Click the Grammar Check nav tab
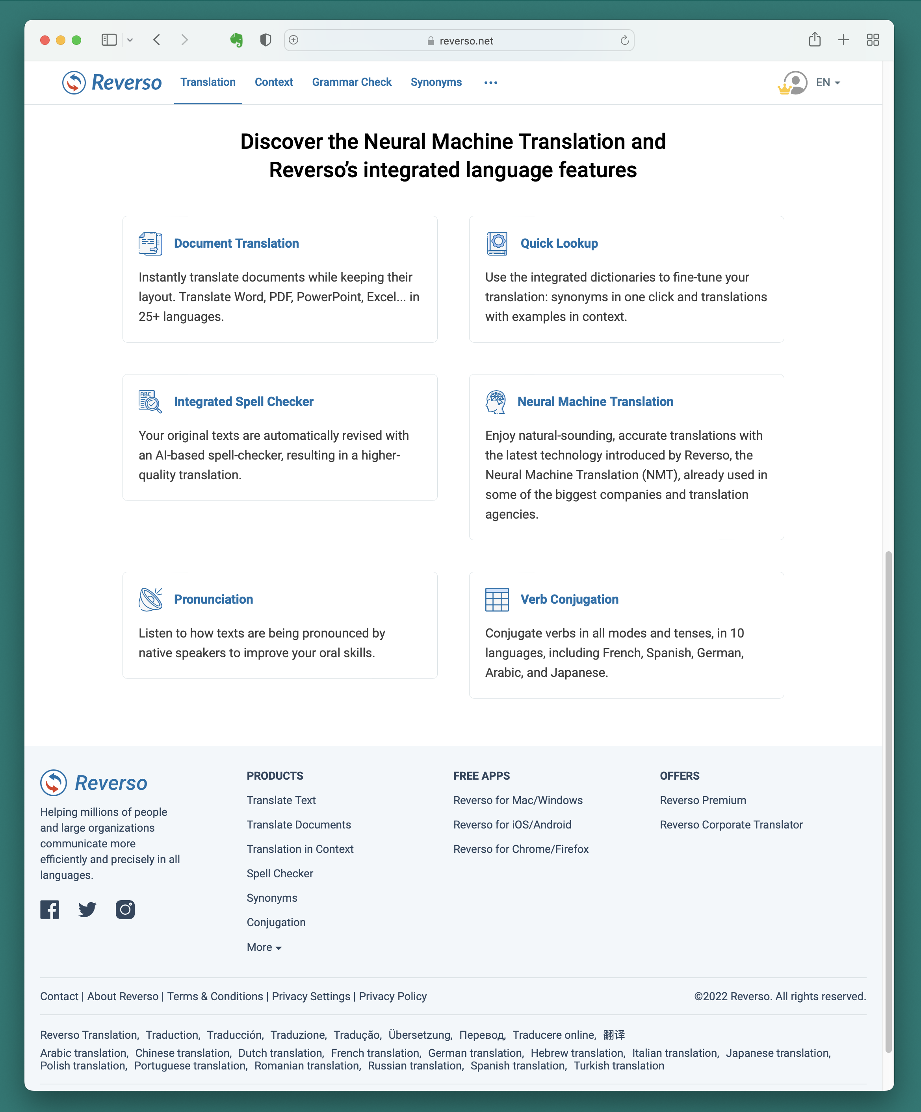[352, 82]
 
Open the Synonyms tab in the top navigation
[436, 82]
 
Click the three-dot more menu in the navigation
[490, 83]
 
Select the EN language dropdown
[828, 83]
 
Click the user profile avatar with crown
[794, 83]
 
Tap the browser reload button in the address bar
[624, 40]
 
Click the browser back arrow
[157, 40]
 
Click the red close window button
[45, 40]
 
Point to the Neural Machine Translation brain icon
[496, 402]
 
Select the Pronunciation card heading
[214, 599]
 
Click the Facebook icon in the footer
[50, 910]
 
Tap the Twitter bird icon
[87, 910]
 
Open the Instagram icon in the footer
[125, 910]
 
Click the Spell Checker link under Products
[280, 874]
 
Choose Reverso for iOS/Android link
[512, 825]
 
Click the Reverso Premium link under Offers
[703, 800]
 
